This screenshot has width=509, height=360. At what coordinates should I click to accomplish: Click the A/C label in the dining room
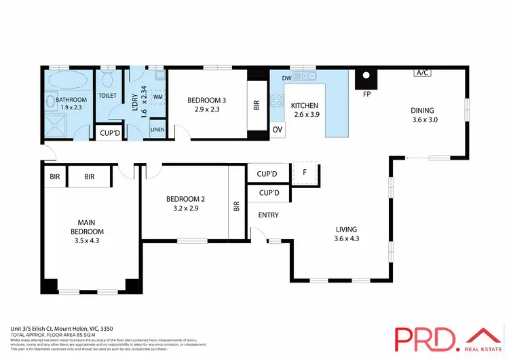422,72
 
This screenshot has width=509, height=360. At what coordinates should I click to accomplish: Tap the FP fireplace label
366,94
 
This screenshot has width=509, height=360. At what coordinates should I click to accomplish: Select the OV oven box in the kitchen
277,129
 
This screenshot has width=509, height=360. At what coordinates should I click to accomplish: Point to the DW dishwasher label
286,79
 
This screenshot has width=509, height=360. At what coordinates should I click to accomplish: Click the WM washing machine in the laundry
157,97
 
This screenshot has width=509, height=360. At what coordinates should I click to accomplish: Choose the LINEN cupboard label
157,129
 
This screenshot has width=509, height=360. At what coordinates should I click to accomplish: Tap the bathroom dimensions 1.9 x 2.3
66,107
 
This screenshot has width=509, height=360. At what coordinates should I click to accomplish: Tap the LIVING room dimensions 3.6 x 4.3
345,238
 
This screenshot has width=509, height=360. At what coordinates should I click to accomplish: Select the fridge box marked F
305,173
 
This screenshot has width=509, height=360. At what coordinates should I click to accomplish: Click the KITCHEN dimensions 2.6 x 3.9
305,115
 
